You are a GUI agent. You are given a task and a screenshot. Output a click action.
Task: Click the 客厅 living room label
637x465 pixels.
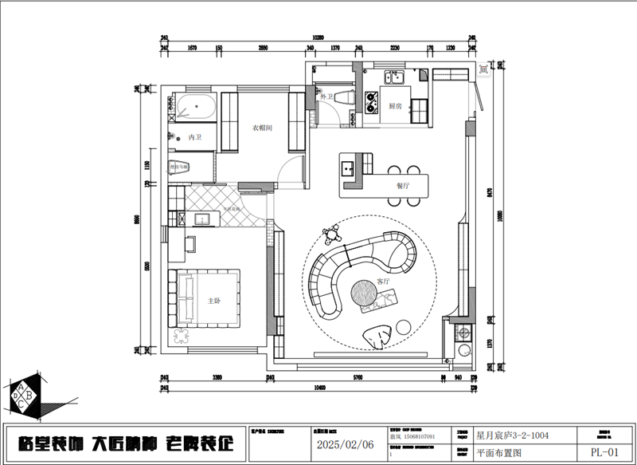383,282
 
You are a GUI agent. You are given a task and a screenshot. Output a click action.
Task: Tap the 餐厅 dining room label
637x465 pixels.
402,185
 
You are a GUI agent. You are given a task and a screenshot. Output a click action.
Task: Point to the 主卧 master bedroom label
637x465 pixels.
213,301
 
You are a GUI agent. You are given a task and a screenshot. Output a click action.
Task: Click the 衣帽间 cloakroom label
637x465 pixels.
263,128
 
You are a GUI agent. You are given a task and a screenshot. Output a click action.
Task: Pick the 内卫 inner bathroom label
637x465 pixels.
195,138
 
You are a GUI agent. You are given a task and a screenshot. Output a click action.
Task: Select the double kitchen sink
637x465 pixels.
395,77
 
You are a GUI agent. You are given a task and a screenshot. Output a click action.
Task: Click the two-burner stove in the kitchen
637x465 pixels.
370,100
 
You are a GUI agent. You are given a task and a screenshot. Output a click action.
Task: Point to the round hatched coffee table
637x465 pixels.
365,293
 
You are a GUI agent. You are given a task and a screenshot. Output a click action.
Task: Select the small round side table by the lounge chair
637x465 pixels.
403,327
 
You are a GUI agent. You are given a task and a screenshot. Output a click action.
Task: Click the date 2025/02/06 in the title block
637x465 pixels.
346,444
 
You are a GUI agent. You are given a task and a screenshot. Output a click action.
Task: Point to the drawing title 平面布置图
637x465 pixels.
498,452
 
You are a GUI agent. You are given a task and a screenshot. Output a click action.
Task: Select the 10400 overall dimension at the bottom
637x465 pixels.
318,388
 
